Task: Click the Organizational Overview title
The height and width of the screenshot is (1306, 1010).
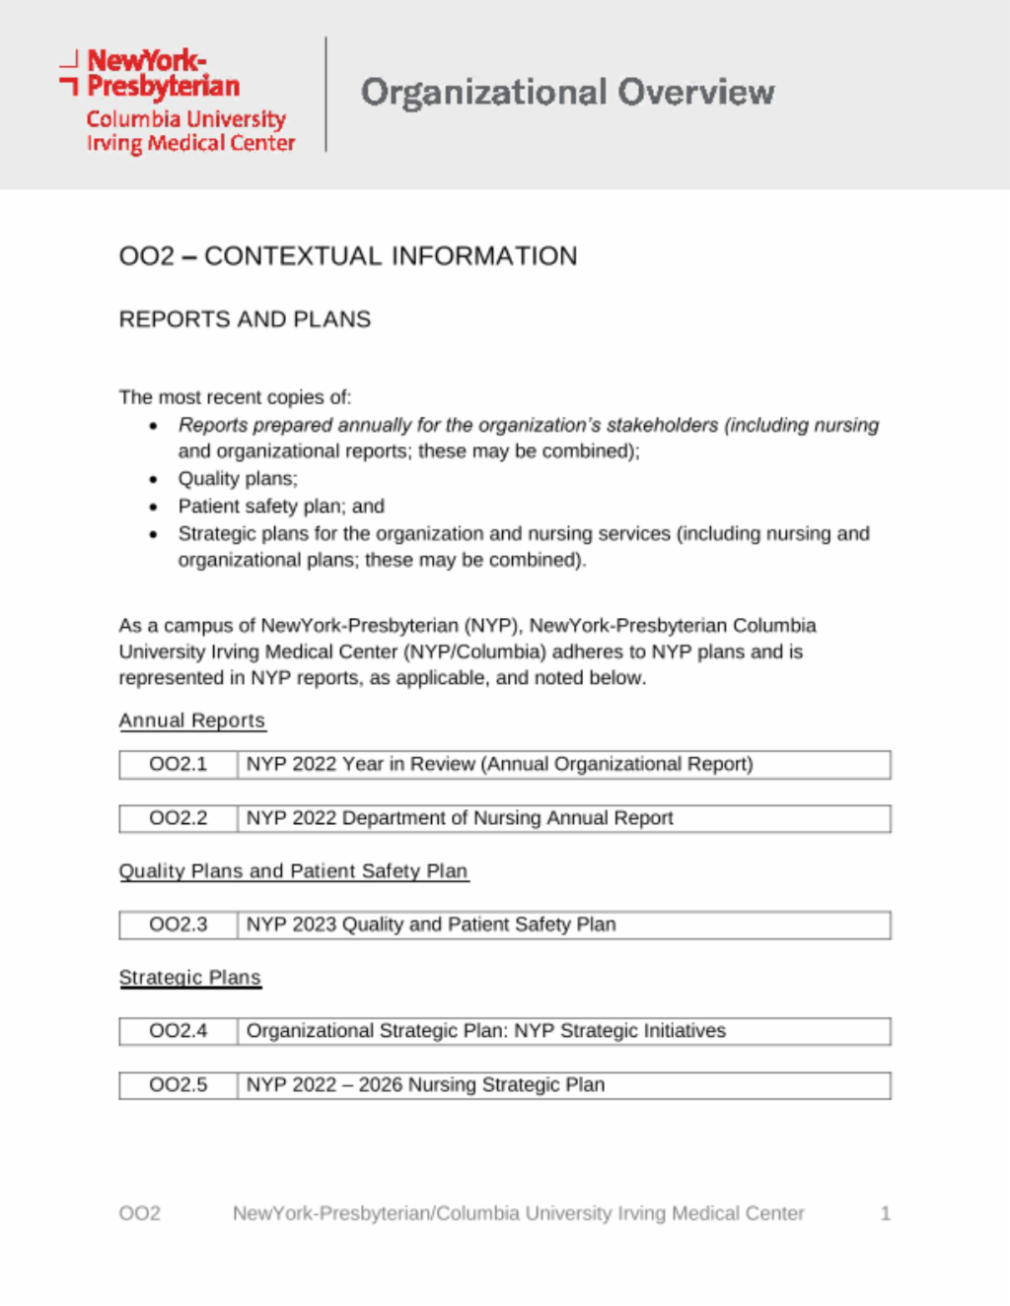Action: coord(567,93)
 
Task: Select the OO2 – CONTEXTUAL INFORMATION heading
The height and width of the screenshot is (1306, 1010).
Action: coord(347,256)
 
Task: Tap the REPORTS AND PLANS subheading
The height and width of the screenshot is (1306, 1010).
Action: coord(245,319)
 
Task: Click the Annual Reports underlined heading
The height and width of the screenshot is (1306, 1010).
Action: coord(191,721)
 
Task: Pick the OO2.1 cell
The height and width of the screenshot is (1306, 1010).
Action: coord(179,765)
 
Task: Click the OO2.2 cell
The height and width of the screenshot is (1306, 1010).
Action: coord(179,819)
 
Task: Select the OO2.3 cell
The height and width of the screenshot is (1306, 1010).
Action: coord(179,926)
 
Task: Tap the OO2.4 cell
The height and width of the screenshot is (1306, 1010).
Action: coord(179,1031)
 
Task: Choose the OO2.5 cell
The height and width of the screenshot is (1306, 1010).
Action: coord(179,1085)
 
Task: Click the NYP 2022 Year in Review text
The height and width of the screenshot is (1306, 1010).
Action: coord(499,765)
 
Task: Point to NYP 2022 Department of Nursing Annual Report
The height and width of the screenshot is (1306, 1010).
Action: coord(460,819)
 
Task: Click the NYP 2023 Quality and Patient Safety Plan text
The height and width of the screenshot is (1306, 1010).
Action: coord(431,926)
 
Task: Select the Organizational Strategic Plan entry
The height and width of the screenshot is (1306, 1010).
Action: coord(485,1031)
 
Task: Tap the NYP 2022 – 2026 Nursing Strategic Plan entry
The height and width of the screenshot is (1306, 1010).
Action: coord(425,1085)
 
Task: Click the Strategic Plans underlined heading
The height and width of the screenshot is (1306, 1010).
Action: coord(189,978)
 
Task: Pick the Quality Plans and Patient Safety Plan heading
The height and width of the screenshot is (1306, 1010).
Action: coord(293,871)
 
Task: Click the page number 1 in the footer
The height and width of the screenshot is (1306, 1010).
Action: coord(885,1213)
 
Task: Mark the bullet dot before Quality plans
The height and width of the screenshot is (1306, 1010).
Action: coord(153,480)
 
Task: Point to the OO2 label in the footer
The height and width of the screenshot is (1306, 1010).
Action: coord(139,1213)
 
